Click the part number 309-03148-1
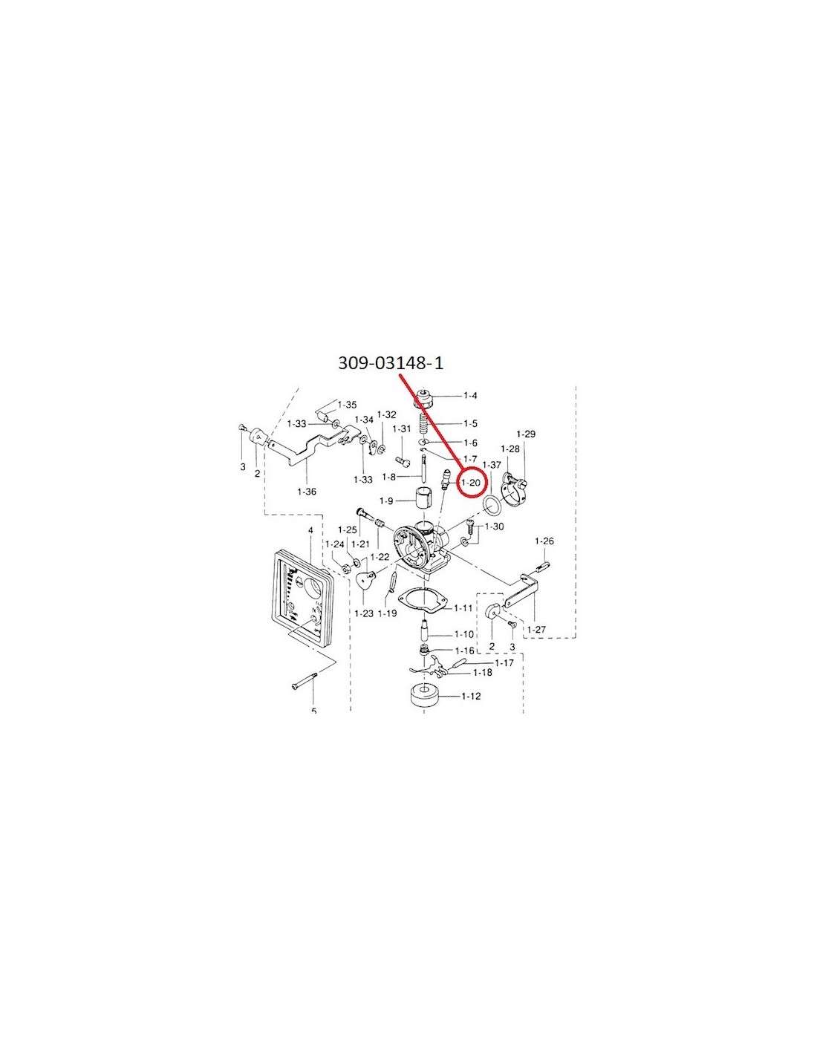tap(391, 363)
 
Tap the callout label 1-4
tap(469, 396)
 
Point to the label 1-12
tap(470, 696)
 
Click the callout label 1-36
tap(307, 492)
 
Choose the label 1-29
tap(525, 434)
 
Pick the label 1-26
tap(544, 541)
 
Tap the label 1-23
tap(363, 613)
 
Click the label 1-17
tap(504, 662)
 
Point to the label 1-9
tap(386, 501)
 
